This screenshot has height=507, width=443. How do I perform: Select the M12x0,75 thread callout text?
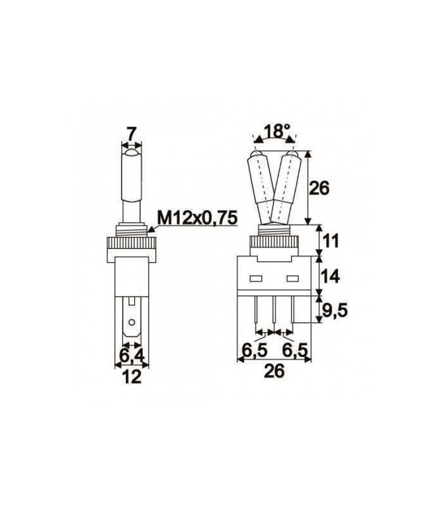(x=197, y=218)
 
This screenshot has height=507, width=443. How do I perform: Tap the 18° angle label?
(x=276, y=132)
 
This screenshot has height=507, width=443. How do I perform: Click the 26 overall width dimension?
(x=273, y=371)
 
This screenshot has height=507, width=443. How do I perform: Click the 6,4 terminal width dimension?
(x=130, y=349)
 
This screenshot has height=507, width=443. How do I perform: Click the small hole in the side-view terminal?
(x=131, y=323)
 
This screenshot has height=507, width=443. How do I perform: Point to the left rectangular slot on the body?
(x=256, y=278)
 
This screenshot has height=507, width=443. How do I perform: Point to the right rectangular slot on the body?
(x=292, y=278)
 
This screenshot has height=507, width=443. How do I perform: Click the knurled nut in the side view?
(x=132, y=241)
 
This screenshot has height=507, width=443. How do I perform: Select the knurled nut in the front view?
(x=274, y=241)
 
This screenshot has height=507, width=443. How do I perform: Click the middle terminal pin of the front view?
(x=274, y=310)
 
